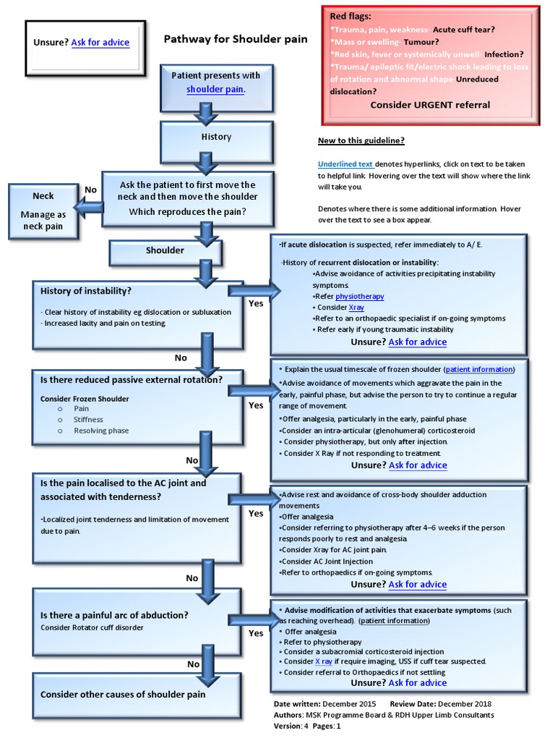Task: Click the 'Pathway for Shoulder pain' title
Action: tap(236, 39)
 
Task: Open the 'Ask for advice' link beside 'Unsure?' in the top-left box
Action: tap(100, 43)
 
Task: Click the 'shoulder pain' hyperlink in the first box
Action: tap(215, 90)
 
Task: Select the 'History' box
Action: tap(216, 137)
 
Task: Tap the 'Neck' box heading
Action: tap(43, 196)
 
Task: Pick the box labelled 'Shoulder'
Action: tap(165, 250)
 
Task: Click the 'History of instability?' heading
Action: tap(86, 291)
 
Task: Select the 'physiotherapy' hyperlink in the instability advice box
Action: tap(359, 297)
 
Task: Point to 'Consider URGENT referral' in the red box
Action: tap(430, 105)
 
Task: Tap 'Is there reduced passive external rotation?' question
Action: tap(131, 380)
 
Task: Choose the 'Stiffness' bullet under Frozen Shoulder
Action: tap(88, 420)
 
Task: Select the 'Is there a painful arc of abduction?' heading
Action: tap(114, 615)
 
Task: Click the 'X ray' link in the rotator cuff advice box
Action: tap(323, 661)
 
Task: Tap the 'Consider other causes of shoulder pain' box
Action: tap(123, 695)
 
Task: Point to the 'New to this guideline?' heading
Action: tap(361, 141)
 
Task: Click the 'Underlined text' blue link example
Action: tap(345, 164)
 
